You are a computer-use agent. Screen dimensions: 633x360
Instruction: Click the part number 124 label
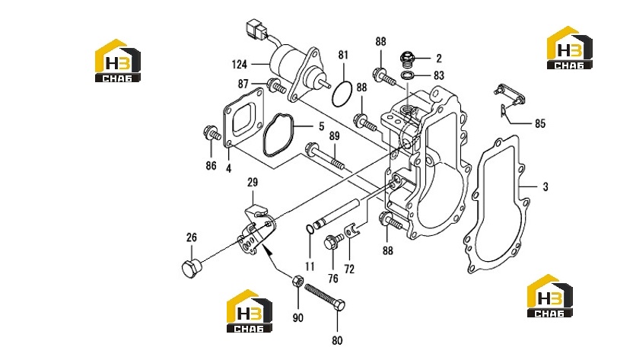pyautogui.click(x=240, y=64)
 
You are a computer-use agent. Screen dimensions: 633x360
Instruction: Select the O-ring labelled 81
pyautogui.click(x=342, y=94)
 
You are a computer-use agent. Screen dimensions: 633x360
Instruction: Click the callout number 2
pyautogui.click(x=439, y=58)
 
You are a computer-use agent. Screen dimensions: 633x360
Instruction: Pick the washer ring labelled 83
pyautogui.click(x=408, y=75)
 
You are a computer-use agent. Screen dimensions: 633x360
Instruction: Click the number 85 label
pyautogui.click(x=539, y=123)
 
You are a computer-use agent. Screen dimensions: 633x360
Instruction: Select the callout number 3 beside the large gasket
pyautogui.click(x=546, y=186)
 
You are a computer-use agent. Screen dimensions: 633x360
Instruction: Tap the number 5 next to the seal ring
pyautogui.click(x=321, y=126)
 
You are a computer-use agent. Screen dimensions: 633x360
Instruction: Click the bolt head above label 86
pyautogui.click(x=209, y=132)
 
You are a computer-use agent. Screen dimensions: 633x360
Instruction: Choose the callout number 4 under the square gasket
pyautogui.click(x=228, y=168)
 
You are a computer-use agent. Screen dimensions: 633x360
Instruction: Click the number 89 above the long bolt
pyautogui.click(x=334, y=136)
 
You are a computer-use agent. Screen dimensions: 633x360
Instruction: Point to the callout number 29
pyautogui.click(x=253, y=182)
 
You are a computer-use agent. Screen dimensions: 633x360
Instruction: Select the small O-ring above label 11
pyautogui.click(x=310, y=229)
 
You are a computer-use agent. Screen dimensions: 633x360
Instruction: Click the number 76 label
pyautogui.click(x=332, y=278)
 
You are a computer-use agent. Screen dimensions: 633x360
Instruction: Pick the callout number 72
pyautogui.click(x=348, y=269)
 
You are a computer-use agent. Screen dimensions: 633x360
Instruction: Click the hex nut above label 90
pyautogui.click(x=297, y=280)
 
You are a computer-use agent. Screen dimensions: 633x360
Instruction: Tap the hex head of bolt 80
pyautogui.click(x=339, y=305)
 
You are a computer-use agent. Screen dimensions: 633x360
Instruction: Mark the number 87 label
pyautogui.click(x=243, y=84)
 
